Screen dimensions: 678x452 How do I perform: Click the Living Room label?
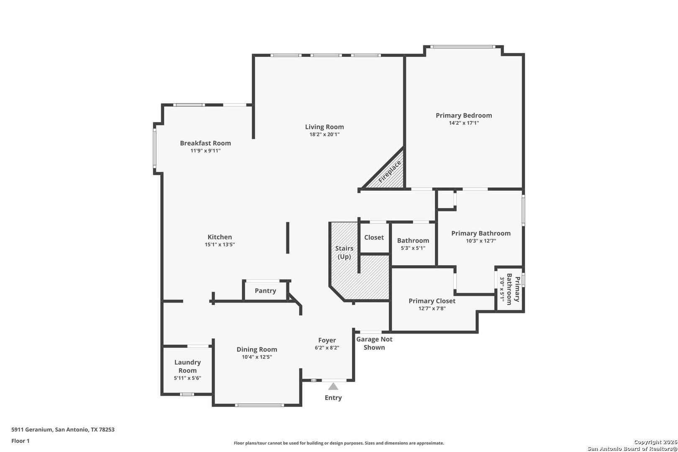pos(324,127)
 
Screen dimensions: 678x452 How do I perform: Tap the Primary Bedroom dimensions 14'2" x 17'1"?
pos(464,123)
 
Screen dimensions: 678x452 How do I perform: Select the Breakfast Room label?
pos(205,143)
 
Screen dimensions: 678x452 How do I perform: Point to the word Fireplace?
pos(390,171)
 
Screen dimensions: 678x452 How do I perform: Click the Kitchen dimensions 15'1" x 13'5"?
pos(220,244)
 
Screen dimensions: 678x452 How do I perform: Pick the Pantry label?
pos(265,291)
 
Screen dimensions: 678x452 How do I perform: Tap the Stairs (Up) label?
pos(344,252)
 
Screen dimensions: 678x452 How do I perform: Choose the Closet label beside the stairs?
pos(374,237)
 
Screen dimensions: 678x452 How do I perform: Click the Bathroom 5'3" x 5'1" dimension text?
pos(413,248)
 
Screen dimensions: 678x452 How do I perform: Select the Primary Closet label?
pos(432,301)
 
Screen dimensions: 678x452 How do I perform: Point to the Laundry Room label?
pos(187,366)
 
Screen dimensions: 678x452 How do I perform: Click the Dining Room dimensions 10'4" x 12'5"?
pos(257,357)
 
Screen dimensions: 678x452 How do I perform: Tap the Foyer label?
pos(327,340)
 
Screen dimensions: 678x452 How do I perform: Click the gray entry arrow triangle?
pos(333,387)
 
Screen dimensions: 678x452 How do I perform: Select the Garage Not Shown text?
pos(374,343)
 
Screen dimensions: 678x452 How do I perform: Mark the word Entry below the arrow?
pos(333,398)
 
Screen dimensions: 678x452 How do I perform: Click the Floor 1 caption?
pos(20,441)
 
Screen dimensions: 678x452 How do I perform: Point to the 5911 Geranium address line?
pos(63,429)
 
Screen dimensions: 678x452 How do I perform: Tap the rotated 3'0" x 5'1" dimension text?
pos(502,290)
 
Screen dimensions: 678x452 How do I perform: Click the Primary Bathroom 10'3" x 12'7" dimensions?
pos(480,241)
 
